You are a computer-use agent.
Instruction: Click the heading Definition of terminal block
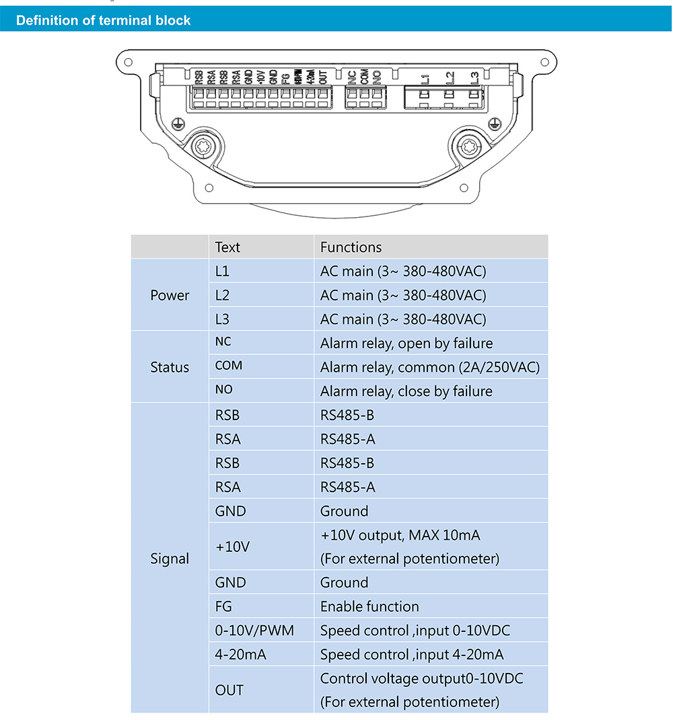[x=103, y=21]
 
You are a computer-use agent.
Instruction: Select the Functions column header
[x=351, y=247]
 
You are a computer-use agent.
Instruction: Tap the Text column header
[x=227, y=247]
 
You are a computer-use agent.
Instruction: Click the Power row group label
[x=170, y=295]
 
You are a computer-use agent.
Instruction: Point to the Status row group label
[x=170, y=367]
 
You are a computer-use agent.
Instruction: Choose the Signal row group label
[x=170, y=559]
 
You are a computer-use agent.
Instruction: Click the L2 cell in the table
[x=223, y=295]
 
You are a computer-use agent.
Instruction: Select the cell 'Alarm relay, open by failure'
[x=406, y=344]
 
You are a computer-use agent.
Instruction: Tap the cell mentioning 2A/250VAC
[x=429, y=368]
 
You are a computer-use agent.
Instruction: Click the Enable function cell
[x=369, y=606]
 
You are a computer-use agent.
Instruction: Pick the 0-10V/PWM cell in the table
[x=254, y=631]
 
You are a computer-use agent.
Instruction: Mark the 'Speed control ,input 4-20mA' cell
[x=412, y=654]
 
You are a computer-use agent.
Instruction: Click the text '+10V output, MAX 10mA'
[x=400, y=535]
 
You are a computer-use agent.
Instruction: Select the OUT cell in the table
[x=229, y=690]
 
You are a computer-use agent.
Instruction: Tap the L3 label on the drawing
[x=474, y=78]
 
